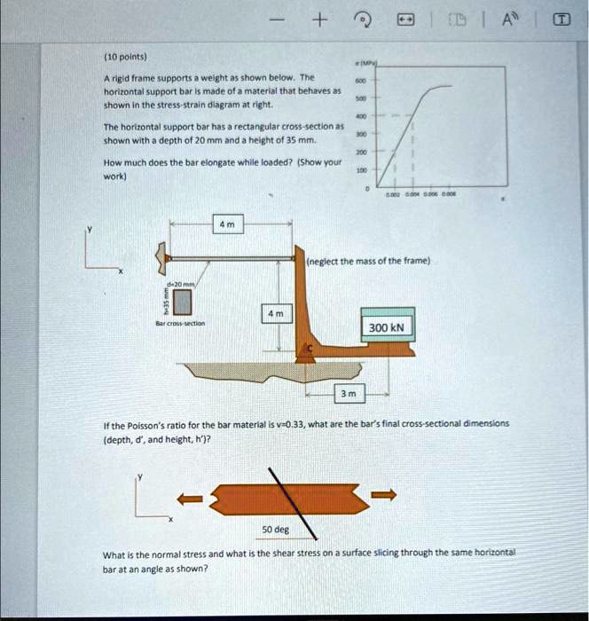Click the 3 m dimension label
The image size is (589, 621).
(x=349, y=392)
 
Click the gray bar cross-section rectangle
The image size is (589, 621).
(x=183, y=303)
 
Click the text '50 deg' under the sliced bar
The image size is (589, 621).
(x=275, y=529)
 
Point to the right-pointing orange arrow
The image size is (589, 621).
(x=383, y=495)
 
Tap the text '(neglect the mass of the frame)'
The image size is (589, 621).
(x=368, y=261)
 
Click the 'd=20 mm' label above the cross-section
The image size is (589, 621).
(x=180, y=283)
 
